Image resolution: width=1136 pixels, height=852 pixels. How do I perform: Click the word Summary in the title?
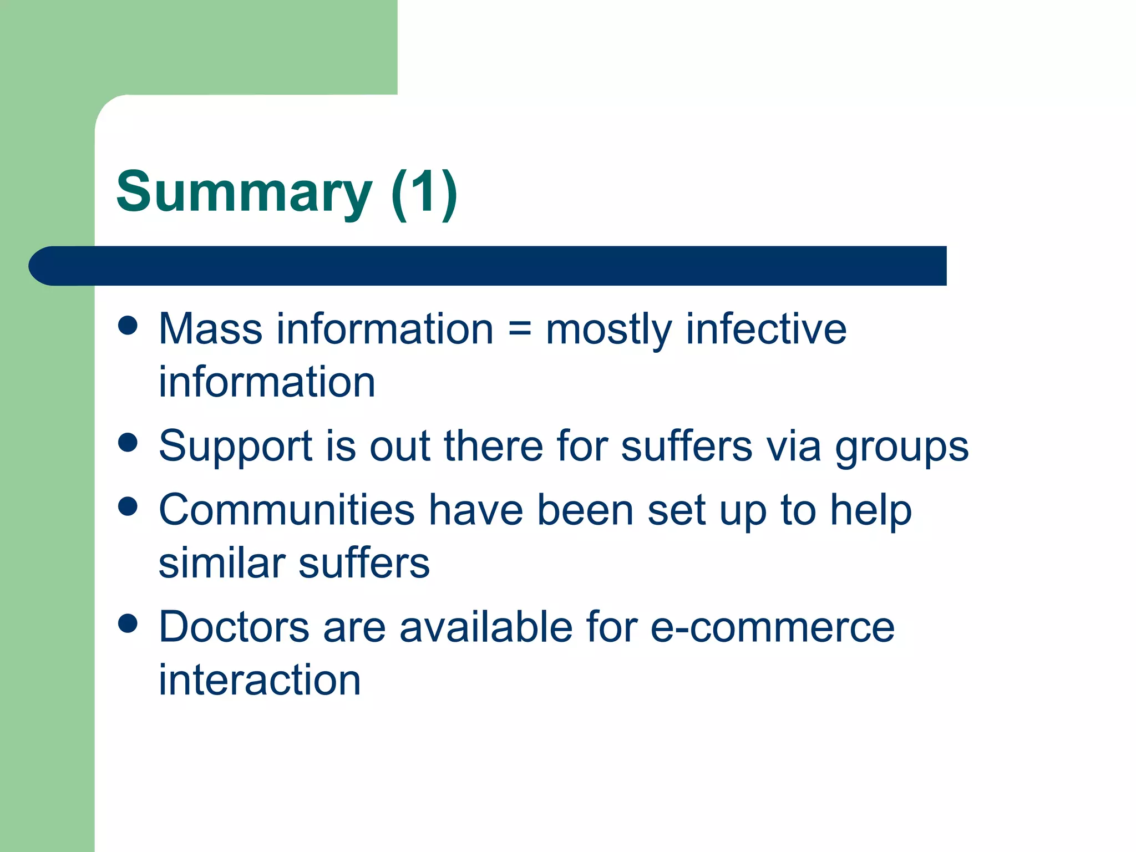click(x=244, y=192)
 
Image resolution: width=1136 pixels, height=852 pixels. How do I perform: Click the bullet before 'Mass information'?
click(x=128, y=326)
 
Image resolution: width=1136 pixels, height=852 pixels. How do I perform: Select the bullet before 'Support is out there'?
click(x=128, y=443)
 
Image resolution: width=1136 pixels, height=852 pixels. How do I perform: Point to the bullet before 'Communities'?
click(x=128, y=506)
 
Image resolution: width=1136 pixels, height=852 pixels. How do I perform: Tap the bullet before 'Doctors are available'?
click(x=128, y=623)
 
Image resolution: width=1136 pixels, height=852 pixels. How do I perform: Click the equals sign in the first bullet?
click(x=520, y=329)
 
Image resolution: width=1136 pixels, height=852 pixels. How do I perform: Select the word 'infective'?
click(x=766, y=329)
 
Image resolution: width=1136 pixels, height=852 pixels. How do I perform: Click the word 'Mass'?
click(x=210, y=329)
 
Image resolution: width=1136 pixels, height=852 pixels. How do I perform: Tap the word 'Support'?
click(x=236, y=447)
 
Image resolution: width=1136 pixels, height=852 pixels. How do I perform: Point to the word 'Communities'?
click(x=287, y=510)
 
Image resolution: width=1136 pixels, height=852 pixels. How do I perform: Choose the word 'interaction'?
click(x=260, y=680)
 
